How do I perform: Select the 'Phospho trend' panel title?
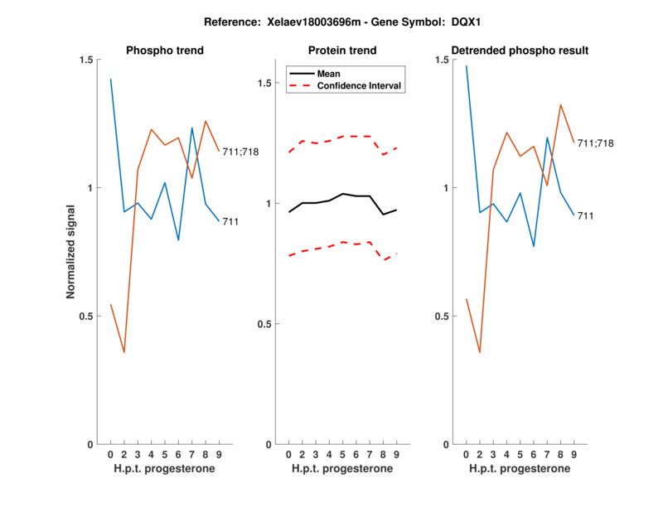tap(164, 51)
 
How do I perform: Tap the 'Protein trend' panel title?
tap(342, 51)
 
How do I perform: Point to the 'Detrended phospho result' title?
tap(520, 51)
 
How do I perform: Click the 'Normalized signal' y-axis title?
tap(71, 252)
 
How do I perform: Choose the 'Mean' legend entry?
tap(328, 73)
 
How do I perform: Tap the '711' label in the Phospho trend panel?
tap(230, 221)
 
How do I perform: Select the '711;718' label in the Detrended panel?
tap(595, 143)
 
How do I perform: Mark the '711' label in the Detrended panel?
tap(586, 215)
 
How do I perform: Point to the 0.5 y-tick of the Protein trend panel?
tap(266, 324)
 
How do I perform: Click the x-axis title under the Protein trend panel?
tap(342, 469)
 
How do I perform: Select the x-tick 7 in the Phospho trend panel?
tap(192, 455)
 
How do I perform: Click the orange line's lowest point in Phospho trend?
tap(124, 352)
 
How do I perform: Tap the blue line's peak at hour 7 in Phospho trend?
tap(192, 128)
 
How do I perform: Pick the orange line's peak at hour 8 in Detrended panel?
tap(560, 104)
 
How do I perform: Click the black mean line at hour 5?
tap(342, 193)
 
